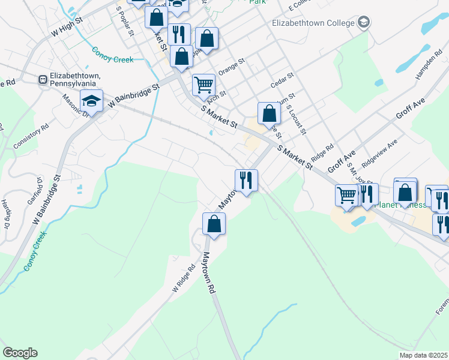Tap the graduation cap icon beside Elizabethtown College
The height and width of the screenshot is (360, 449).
tap(363, 23)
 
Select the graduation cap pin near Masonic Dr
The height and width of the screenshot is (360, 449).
tap(91, 101)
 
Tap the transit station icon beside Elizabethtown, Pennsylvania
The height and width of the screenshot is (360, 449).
tap(43, 79)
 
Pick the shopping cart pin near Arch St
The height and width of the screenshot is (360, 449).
tap(203, 85)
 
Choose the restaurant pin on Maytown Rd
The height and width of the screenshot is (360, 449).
tap(246, 180)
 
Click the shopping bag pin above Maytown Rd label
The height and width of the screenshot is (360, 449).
tap(214, 224)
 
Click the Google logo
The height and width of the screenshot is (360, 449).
tap(20, 353)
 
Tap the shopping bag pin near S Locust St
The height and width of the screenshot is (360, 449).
tap(270, 113)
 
